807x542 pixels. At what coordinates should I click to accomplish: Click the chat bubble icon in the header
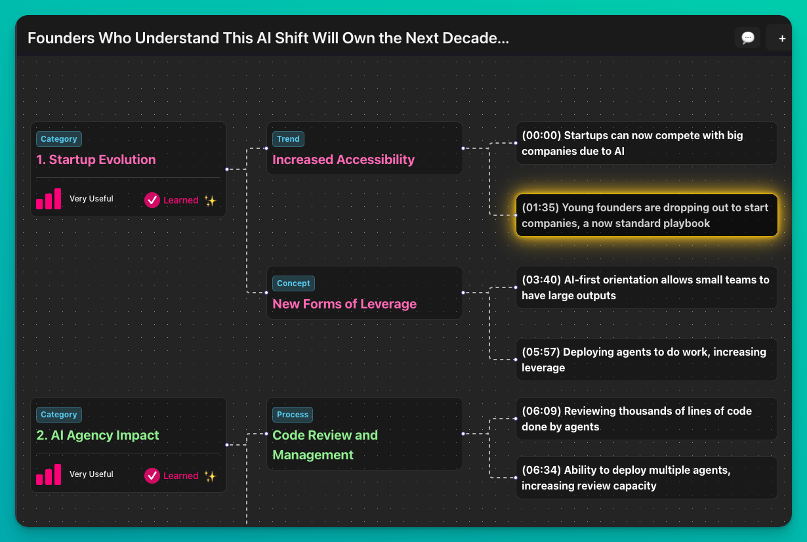[747, 37]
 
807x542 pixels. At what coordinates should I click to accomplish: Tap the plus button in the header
[782, 38]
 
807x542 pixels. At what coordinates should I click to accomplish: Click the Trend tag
[288, 138]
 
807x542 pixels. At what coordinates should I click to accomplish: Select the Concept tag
[293, 283]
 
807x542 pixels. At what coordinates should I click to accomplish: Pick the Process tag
[292, 415]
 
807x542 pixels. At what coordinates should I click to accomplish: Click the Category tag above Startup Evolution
[59, 138]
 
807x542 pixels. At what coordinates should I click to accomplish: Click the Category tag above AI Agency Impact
[59, 415]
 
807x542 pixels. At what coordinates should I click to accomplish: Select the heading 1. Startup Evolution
[96, 159]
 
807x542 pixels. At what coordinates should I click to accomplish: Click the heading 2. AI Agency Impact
[97, 435]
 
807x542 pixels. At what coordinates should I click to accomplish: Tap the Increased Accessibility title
[343, 159]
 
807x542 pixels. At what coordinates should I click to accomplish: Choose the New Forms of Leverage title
[344, 304]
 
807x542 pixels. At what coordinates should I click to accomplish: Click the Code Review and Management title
[325, 445]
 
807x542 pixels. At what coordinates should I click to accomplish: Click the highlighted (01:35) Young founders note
[647, 215]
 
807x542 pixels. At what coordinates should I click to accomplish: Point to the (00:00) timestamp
[541, 135]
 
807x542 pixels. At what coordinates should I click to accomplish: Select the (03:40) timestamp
[541, 280]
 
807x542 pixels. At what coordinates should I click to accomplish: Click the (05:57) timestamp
[541, 352]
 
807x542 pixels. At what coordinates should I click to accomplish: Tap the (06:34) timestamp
[541, 470]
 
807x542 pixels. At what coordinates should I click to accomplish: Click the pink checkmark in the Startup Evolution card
[152, 200]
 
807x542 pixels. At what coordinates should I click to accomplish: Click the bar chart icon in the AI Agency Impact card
[49, 474]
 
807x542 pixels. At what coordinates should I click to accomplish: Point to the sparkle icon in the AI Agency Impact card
[211, 476]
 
